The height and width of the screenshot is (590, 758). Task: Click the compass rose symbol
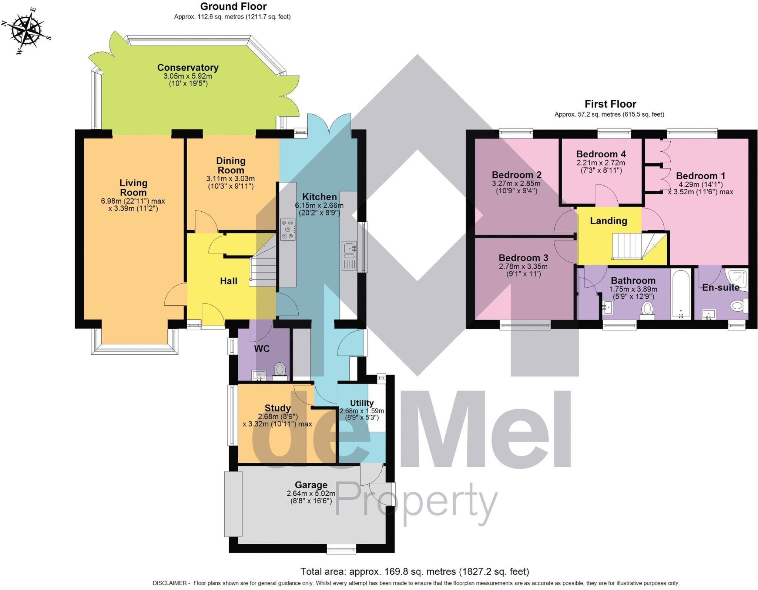click(x=26, y=30)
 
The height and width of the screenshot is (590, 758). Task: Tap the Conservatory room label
click(x=188, y=68)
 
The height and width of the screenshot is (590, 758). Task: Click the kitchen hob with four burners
click(x=288, y=229)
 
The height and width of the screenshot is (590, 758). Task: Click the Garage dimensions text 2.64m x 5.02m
click(x=311, y=493)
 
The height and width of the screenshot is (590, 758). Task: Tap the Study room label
click(x=278, y=408)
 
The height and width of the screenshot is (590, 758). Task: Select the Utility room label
click(x=362, y=403)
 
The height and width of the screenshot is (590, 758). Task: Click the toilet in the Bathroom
click(x=647, y=309)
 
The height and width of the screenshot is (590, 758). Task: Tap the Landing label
click(x=608, y=221)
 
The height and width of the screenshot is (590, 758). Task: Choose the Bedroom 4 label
click(x=601, y=154)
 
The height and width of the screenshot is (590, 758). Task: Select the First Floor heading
click(x=610, y=104)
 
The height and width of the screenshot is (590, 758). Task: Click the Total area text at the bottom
click(x=415, y=571)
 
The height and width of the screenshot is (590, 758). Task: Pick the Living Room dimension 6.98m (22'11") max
click(x=133, y=201)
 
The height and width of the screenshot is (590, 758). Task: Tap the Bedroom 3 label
click(x=523, y=258)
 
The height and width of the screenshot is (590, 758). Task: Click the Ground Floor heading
click(x=233, y=7)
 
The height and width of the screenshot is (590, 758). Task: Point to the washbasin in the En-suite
click(x=708, y=315)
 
